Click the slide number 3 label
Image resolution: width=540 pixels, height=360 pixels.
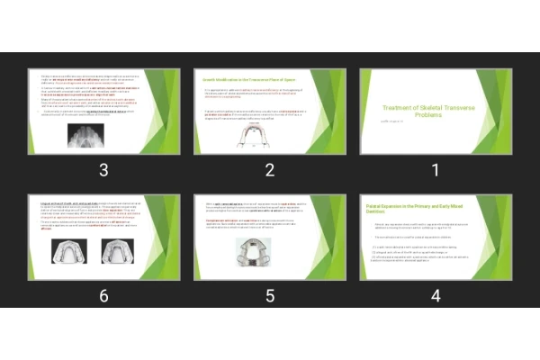coord(103,170)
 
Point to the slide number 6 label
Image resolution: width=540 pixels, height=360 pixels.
coord(103,295)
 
